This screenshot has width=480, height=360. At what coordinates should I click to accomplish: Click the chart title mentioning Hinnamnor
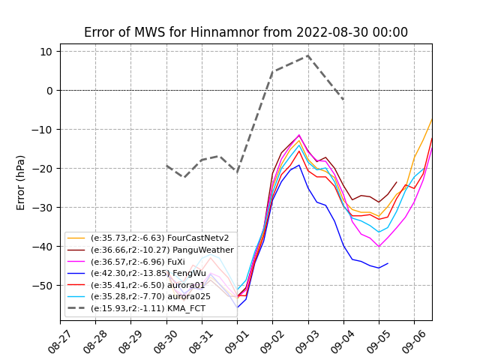246,32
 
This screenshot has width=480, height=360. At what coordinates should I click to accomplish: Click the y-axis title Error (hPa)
21,182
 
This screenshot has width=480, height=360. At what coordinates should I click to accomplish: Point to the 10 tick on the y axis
46,52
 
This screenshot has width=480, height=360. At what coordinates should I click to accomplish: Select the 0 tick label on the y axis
49,91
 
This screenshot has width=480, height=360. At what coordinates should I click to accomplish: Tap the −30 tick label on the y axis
43,208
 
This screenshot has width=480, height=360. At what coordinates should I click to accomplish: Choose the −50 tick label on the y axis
43,286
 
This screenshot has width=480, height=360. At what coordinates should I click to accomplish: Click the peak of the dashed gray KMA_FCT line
307,55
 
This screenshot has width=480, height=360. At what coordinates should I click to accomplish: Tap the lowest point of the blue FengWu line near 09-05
379,268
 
